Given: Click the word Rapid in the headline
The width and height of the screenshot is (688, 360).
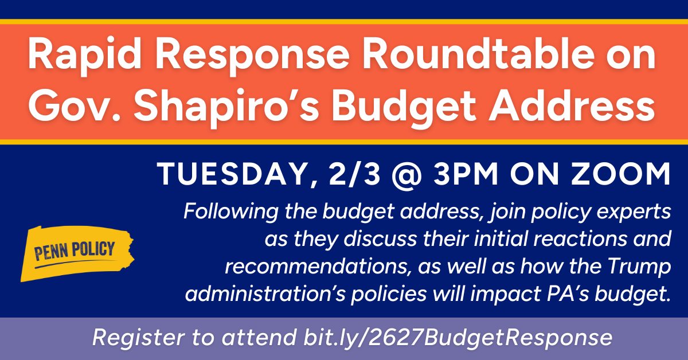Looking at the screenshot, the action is click(x=85, y=56).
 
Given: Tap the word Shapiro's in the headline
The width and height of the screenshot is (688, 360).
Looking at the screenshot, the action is click(x=226, y=108).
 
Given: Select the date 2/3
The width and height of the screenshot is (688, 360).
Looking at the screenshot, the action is click(x=355, y=174).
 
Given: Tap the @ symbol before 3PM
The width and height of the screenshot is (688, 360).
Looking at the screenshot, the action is click(x=407, y=175).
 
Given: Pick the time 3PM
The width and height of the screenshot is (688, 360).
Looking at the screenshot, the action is click(x=466, y=174).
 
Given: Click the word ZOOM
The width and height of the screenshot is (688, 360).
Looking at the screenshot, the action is click(x=620, y=174).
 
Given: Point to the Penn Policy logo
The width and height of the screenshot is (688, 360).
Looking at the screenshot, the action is click(x=77, y=253).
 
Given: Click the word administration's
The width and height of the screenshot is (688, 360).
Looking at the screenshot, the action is click(x=265, y=294).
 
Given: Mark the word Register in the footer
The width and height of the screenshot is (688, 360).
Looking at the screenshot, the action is click(x=139, y=338).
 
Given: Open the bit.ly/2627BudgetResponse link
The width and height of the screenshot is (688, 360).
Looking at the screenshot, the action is click(x=458, y=338).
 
